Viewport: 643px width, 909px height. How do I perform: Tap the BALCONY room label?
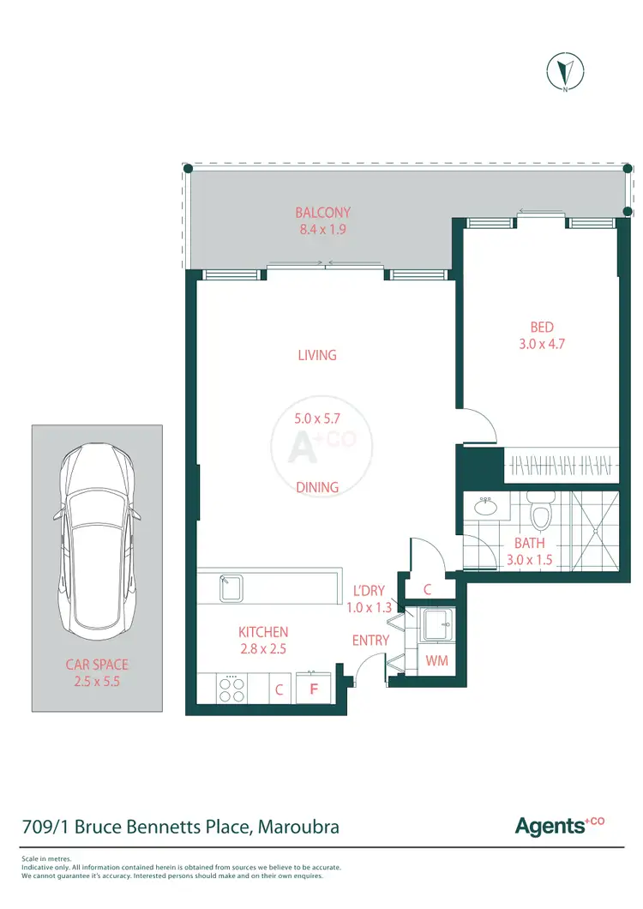(322, 213)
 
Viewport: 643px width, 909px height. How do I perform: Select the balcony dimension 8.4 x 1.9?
(322, 230)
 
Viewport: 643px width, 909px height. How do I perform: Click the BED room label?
(541, 327)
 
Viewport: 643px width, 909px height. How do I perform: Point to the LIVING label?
(316, 355)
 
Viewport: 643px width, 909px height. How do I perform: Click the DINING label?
(316, 487)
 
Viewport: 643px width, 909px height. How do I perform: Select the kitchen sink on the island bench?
(231, 587)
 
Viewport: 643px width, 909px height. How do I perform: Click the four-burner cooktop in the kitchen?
(231, 689)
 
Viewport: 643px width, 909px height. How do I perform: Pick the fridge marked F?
(314, 689)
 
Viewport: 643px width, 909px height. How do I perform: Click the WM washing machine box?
(437, 661)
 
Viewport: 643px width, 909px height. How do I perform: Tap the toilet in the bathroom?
(540, 515)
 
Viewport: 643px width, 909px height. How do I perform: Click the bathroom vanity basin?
(486, 506)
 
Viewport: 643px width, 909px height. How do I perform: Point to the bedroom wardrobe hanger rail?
(562, 467)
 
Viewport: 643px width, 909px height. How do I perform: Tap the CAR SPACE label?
(97, 665)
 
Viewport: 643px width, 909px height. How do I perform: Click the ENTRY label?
(370, 641)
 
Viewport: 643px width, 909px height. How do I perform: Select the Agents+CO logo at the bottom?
(559, 826)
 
